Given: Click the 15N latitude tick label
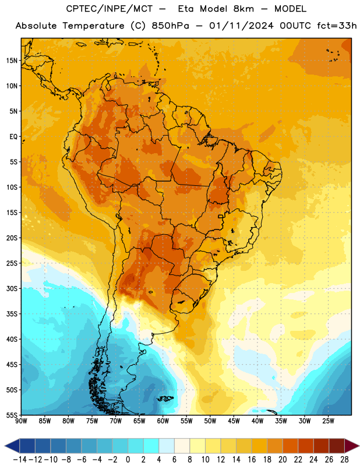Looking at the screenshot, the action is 12,61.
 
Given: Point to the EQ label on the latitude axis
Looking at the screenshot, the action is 13,137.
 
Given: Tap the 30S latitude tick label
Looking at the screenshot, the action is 12,288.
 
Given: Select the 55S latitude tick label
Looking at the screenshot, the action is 12,415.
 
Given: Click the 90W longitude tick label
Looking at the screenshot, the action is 21,421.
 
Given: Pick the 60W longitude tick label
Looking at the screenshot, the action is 163,421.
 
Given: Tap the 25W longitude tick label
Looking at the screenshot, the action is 328,421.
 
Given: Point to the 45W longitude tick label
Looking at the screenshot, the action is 234,421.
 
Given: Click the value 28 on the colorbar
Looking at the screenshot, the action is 344,460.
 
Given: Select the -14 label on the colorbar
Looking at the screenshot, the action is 20,460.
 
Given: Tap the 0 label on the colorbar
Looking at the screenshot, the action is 128,460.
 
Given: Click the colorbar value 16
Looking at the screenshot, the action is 252,460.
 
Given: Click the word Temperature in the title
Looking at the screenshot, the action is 93,26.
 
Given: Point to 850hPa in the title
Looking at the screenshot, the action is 170,26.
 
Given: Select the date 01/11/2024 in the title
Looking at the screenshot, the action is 241,26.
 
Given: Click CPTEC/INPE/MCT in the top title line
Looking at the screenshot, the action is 110,9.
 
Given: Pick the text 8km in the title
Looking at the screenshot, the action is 243,9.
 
